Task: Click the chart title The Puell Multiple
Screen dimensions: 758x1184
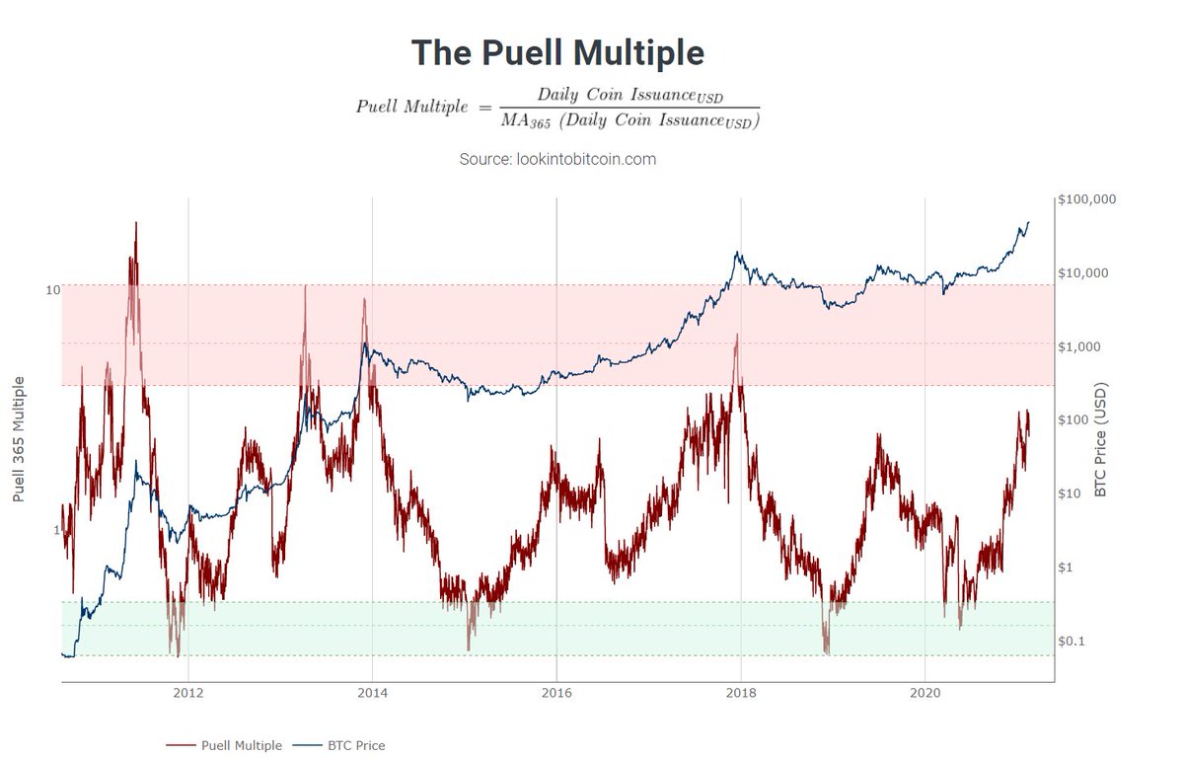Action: [x=557, y=52]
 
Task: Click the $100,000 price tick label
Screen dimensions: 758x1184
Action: [x=1086, y=199]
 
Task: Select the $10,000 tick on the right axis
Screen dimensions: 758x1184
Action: [x=1082, y=273]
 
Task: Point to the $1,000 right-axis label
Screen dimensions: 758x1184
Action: [x=1078, y=347]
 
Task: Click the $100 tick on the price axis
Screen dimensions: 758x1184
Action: [x=1074, y=420]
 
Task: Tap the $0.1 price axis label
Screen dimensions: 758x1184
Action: [x=1073, y=642]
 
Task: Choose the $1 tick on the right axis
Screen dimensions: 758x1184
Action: [x=1066, y=568]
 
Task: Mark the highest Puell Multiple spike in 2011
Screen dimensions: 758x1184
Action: [x=135, y=223]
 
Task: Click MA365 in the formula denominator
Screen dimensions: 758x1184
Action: [x=528, y=121]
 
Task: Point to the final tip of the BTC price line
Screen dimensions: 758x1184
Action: [x=1028, y=222]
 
